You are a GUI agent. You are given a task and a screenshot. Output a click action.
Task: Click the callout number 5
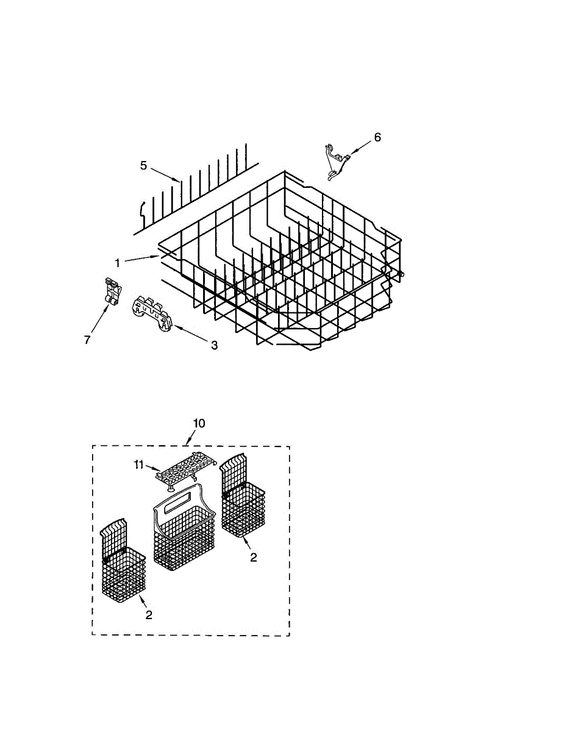pyautogui.click(x=143, y=165)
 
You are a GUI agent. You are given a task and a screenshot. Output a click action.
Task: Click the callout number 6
pyautogui.click(x=377, y=137)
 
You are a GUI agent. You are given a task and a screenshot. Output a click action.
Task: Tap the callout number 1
pyautogui.click(x=117, y=262)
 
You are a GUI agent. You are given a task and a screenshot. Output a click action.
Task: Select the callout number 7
pyautogui.click(x=87, y=340)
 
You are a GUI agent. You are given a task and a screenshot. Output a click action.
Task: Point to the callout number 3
pyautogui.click(x=214, y=345)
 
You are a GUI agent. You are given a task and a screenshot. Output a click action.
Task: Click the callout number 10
pyautogui.click(x=199, y=423)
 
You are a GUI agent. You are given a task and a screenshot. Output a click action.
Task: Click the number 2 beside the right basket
pyautogui.click(x=254, y=557)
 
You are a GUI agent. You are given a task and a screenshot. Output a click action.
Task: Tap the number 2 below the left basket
pyautogui.click(x=148, y=615)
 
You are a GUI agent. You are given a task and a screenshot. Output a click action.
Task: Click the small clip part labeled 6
pyautogui.click(x=334, y=162)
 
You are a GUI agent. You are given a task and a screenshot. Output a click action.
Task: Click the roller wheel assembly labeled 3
pyautogui.click(x=152, y=313)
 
